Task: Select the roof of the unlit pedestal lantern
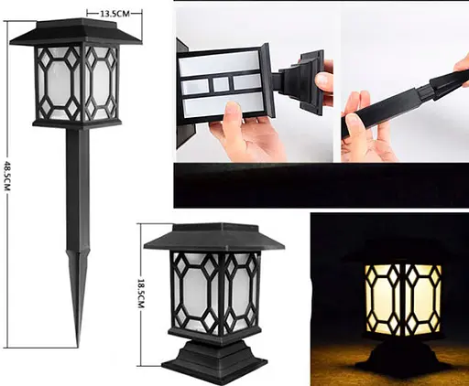pos(213,240)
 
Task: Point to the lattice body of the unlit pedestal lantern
pos(213,293)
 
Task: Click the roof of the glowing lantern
pos(400,249)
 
